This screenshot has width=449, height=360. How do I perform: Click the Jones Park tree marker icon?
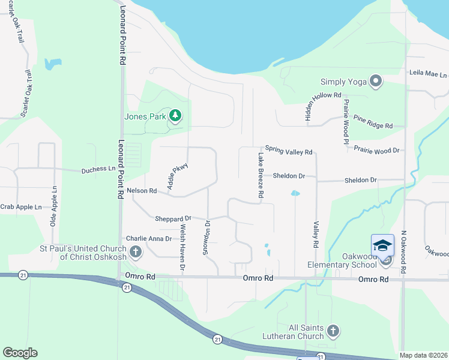point(175,115)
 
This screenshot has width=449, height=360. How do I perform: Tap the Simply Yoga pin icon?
point(376,81)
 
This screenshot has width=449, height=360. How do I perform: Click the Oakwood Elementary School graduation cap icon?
point(382,245)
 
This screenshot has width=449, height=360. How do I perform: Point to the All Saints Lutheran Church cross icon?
point(333,331)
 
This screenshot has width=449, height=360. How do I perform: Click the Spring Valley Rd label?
point(289,152)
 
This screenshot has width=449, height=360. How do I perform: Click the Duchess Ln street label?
point(98,170)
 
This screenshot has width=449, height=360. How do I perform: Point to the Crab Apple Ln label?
point(21,207)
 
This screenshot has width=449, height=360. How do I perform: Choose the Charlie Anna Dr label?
point(148,238)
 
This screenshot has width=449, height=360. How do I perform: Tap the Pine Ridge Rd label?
point(372,126)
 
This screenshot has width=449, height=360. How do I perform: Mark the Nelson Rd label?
point(142,191)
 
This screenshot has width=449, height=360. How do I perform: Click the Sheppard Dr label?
point(172,218)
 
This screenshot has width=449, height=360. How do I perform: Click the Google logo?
point(20,353)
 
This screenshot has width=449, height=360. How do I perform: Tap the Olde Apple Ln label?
point(55,205)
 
